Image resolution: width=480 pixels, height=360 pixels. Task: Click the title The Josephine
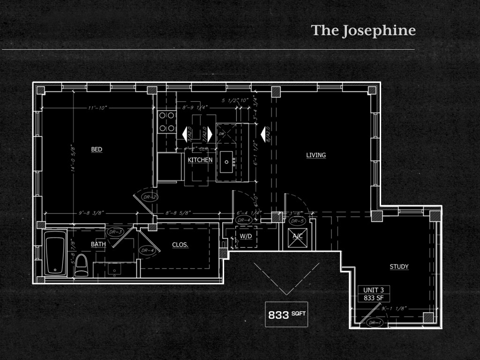(x=363, y=31)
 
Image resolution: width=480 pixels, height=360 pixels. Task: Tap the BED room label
(x=97, y=150)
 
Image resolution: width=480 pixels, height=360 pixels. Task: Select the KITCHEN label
(x=200, y=160)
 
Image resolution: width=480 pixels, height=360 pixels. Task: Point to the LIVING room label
(x=316, y=155)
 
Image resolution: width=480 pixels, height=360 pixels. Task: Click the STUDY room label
(x=399, y=267)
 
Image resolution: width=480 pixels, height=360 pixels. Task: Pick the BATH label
(x=98, y=244)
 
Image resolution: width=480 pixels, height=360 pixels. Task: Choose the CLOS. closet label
(x=180, y=245)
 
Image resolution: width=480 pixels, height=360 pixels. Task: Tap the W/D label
(x=246, y=236)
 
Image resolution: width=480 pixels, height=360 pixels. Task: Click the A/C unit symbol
(x=298, y=236)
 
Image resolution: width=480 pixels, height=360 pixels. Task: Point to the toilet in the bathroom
(x=82, y=265)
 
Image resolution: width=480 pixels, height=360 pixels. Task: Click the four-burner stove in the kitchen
(x=166, y=121)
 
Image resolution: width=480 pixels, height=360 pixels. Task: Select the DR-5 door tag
(x=297, y=221)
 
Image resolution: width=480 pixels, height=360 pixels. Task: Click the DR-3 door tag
(x=115, y=232)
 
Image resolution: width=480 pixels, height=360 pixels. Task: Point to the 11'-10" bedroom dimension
(x=97, y=108)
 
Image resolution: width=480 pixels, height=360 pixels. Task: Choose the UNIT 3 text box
(x=374, y=294)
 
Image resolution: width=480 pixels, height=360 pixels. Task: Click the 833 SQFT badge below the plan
(x=286, y=315)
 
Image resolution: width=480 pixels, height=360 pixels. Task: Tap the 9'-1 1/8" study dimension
(x=394, y=309)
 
